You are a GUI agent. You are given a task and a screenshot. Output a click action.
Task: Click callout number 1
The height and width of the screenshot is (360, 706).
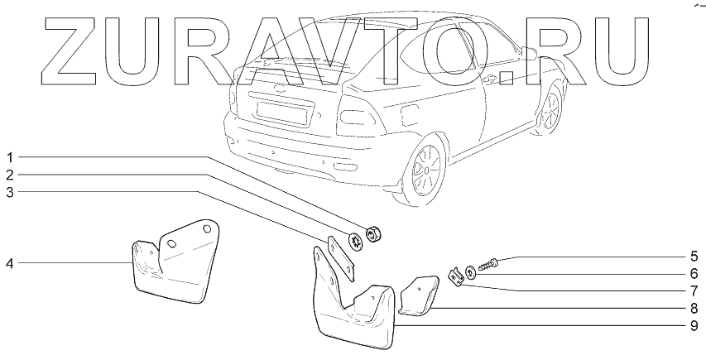10,156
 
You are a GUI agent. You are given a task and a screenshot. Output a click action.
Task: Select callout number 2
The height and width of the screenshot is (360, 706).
10,175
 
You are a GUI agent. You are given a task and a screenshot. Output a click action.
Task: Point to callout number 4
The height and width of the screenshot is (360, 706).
10,263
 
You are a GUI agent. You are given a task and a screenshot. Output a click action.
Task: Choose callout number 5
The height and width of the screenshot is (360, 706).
694,256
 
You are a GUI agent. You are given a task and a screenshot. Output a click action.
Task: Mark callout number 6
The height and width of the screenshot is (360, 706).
694,273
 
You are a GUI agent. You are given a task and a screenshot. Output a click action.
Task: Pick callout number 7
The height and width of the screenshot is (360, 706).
694,290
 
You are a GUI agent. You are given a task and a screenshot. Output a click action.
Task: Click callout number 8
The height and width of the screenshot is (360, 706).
694,308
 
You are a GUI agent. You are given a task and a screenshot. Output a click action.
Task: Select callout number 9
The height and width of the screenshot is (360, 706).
694,325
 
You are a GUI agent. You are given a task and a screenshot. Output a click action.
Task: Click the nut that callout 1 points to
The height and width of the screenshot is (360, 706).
372,234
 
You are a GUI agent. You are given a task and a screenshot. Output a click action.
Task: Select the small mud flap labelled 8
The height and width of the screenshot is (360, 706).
418,295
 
